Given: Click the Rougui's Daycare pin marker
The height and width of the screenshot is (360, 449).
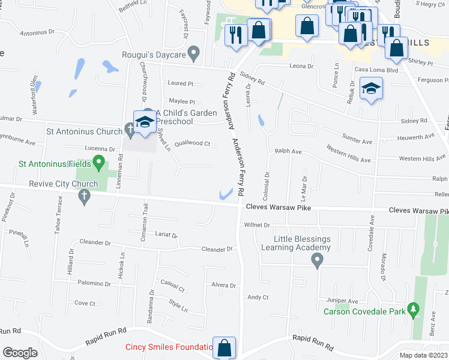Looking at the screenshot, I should [x=193, y=55].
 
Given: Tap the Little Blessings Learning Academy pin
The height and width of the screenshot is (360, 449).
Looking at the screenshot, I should [x=318, y=260].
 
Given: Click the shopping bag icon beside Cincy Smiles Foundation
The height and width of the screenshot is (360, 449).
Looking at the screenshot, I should [x=224, y=349].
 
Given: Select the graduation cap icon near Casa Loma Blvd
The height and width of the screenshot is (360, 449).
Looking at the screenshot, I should [x=372, y=90].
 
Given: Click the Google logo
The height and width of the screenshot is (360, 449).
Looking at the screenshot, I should [x=20, y=352].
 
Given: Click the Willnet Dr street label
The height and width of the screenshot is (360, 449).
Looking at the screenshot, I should [x=258, y=226].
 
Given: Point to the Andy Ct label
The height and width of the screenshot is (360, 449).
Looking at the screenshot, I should [x=258, y=297].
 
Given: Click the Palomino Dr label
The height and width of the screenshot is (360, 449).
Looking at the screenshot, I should [x=93, y=283].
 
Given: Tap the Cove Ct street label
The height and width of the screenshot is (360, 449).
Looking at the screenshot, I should [x=85, y=304].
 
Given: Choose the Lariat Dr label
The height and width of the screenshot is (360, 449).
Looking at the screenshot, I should [x=166, y=235].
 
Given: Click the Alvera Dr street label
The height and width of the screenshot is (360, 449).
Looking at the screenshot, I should [x=224, y=286].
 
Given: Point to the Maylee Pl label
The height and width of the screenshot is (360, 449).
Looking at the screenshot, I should [x=182, y=102].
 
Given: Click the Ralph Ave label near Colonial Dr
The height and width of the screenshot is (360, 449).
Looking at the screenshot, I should [x=288, y=152].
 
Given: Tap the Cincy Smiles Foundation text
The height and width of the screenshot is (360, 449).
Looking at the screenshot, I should [x=169, y=347].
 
